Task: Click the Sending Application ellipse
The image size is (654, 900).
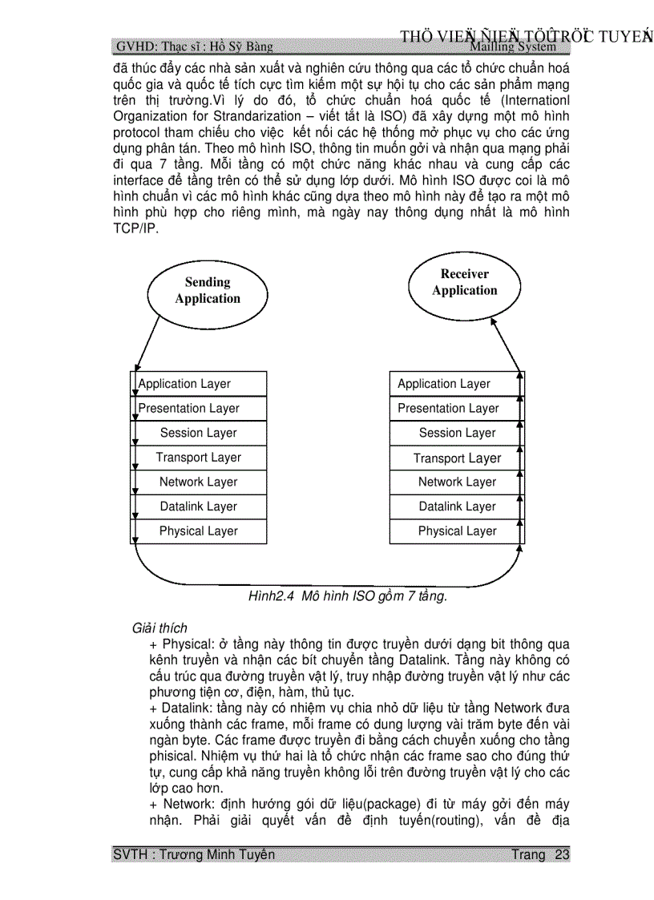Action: (x=207, y=290)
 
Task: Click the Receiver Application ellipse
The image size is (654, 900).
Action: (x=464, y=282)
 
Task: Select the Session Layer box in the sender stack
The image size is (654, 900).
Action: (x=198, y=433)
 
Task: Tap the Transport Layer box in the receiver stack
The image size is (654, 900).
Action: (x=456, y=458)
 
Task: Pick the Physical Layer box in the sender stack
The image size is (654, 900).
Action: (x=198, y=531)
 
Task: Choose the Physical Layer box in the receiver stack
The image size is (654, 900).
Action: (x=456, y=531)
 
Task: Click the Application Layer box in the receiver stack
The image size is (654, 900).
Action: (x=456, y=384)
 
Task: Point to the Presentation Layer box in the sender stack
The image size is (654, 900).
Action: (x=198, y=409)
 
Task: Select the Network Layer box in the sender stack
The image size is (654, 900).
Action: (x=198, y=482)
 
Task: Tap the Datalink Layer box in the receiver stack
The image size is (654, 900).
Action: (x=456, y=507)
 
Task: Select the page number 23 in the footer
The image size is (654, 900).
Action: (x=562, y=854)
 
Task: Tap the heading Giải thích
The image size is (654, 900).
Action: (x=159, y=628)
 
